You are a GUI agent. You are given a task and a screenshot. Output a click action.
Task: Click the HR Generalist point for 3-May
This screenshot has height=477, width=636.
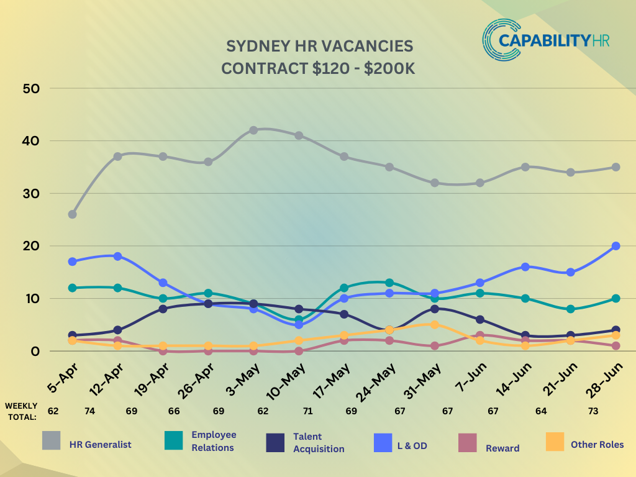coord(253,130)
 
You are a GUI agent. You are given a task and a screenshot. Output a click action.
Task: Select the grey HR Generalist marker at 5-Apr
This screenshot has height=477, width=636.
coord(73,214)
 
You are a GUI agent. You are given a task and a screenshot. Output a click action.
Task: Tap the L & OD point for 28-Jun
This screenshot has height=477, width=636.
coord(616,246)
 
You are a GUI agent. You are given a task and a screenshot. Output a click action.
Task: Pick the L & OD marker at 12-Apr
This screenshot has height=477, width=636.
coord(118,257)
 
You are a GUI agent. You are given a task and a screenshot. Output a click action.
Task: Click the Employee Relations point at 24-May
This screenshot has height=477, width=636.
coord(389,283)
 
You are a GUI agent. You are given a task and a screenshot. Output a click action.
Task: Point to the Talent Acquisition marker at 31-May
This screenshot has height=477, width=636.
coord(435,309)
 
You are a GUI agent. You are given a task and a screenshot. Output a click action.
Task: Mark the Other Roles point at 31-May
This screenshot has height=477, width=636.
coord(435,324)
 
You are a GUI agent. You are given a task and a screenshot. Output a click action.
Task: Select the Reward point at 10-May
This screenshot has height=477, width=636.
coord(299,351)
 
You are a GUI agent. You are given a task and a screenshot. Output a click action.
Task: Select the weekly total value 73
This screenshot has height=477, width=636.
coord(593,411)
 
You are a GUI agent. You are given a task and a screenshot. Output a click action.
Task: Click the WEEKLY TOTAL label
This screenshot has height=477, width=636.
coord(21,411)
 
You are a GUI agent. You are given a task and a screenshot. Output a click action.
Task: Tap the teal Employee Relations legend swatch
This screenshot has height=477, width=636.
coord(173,441)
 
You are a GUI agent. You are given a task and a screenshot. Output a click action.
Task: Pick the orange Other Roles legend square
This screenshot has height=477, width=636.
coord(555,442)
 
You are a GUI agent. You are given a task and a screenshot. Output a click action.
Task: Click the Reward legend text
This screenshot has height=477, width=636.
coord(502,448)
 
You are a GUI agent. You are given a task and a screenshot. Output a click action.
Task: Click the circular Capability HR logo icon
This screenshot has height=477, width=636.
coord(500,39)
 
